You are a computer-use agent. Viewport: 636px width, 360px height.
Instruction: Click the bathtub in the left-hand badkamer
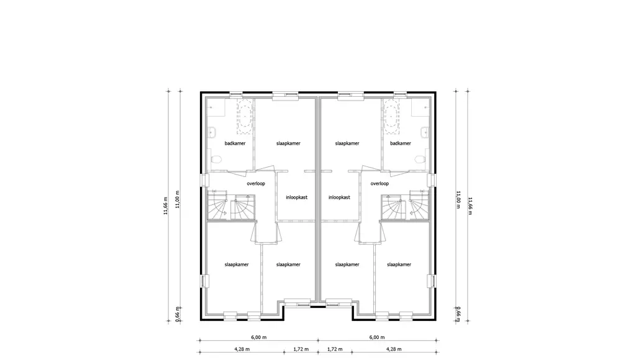coord(245,117)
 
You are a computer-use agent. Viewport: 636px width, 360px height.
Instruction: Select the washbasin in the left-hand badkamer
coord(212,132)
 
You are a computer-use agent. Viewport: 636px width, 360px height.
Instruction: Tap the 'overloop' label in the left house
coord(256,184)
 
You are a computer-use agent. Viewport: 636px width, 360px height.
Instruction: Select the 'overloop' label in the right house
coord(379,184)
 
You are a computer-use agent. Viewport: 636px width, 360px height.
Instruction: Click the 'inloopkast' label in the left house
coord(297,197)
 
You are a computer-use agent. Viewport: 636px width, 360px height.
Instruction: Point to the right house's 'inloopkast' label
coord(339,197)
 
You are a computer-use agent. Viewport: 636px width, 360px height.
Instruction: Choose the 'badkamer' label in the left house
coord(235,143)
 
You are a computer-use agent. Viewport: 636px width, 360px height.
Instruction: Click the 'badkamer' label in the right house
coord(401,143)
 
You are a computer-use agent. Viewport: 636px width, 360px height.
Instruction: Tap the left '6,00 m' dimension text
coord(258,337)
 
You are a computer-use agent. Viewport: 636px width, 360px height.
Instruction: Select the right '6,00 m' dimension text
coord(377,337)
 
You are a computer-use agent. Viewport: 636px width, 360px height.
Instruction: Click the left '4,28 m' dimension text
coord(242,349)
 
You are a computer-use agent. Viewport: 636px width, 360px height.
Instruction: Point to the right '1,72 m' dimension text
coord(335,349)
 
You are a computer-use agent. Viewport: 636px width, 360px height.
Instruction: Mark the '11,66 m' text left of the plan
coord(165,205)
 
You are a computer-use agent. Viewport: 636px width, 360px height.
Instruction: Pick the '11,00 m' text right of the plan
coord(458,199)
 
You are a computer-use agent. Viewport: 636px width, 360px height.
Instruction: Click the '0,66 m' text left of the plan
coord(178,314)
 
